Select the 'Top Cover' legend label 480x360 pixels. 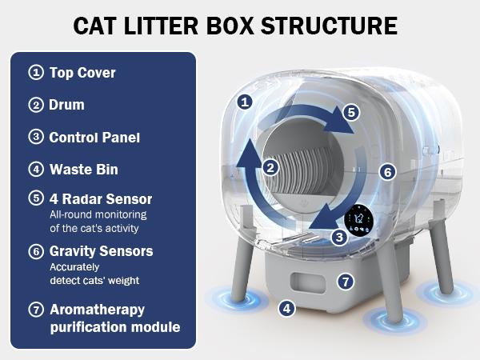pos(82,73)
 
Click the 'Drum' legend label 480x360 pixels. pos(66,105)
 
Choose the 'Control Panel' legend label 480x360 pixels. pos(94,137)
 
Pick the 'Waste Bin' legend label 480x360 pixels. pos(84,169)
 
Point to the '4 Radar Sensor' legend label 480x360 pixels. pos(100,199)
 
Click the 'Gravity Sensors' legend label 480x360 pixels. pos(101,251)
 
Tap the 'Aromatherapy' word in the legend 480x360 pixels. pos(97,309)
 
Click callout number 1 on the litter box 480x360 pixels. pos(246,102)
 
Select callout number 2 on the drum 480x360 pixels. pos(271,167)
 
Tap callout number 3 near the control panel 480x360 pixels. pos(339,237)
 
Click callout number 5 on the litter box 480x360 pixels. pos(350,112)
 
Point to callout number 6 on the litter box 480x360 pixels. pos(387,171)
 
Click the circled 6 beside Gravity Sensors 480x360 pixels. pos(35,251)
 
